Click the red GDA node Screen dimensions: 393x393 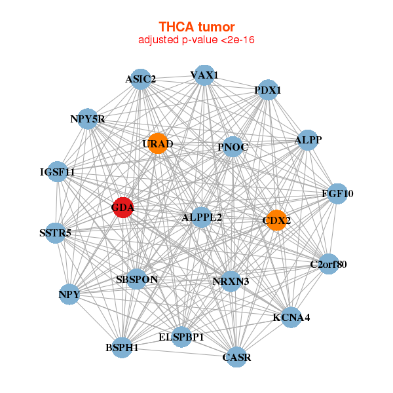pyautogui.click(x=123, y=208)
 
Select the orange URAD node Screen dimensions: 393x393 pyautogui.click(x=158, y=143)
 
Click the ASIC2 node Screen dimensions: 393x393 pyautogui.click(x=141, y=79)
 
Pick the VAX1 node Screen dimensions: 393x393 pyautogui.click(x=204, y=75)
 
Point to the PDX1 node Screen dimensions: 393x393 pyautogui.click(x=267, y=90)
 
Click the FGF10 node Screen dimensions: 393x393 pyautogui.click(x=337, y=193)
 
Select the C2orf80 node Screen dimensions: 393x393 pyautogui.click(x=328, y=265)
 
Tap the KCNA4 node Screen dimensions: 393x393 pyautogui.click(x=291, y=317)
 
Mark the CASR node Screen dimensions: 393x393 pyautogui.click(x=236, y=356)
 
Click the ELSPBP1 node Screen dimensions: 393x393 pyautogui.click(x=181, y=337)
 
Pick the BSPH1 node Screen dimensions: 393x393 pyautogui.click(x=122, y=347)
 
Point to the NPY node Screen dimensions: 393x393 pyautogui.click(x=69, y=294)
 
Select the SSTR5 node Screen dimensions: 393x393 pyautogui.click(x=56, y=233)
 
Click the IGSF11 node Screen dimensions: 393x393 pyautogui.click(x=58, y=172)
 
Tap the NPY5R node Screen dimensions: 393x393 pyautogui.click(x=88, y=119)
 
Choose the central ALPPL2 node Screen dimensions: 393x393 pyautogui.click(x=201, y=217)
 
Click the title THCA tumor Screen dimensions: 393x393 pyautogui.click(x=196, y=27)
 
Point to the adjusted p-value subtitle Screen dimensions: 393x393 pyautogui.click(x=196, y=40)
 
